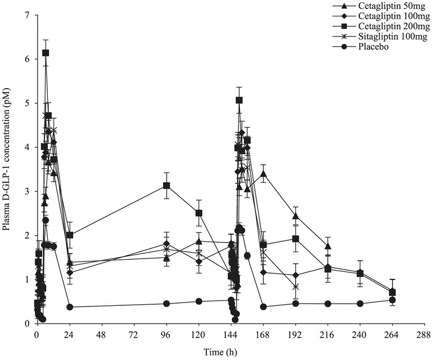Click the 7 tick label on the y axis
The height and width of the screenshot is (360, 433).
tap(27, 14)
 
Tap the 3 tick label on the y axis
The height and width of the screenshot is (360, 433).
tap(27, 191)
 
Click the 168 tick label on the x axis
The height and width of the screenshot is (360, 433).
tap(263, 334)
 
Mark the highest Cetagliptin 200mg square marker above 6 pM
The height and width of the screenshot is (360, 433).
tap(46, 52)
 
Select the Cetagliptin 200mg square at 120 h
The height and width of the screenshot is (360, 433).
tap(199, 213)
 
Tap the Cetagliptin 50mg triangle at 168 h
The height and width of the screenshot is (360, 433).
tap(263, 173)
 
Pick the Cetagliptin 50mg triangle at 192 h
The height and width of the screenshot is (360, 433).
tap(296, 216)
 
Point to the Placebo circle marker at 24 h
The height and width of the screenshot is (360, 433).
tap(70, 307)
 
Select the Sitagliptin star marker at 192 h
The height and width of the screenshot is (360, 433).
tap(296, 286)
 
